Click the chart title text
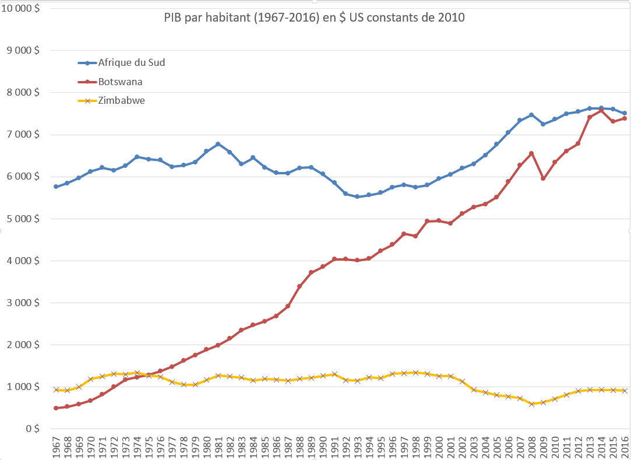tap(314, 17)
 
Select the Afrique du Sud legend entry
tap(132, 62)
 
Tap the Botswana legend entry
tap(121, 82)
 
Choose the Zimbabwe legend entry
tap(122, 100)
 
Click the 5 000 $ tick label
tap(23, 219)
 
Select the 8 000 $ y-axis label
tap(23, 93)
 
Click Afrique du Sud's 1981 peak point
tap(218, 143)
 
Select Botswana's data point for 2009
tap(543, 178)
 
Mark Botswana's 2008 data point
tap(531, 153)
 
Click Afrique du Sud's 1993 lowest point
tap(357, 196)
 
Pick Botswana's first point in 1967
tap(55, 408)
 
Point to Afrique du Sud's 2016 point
tap(624, 113)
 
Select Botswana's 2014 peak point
tap(601, 110)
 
